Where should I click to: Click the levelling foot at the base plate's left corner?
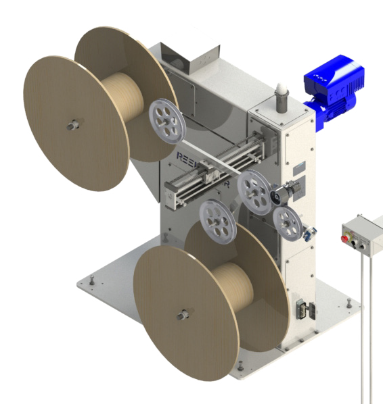[90, 278]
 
